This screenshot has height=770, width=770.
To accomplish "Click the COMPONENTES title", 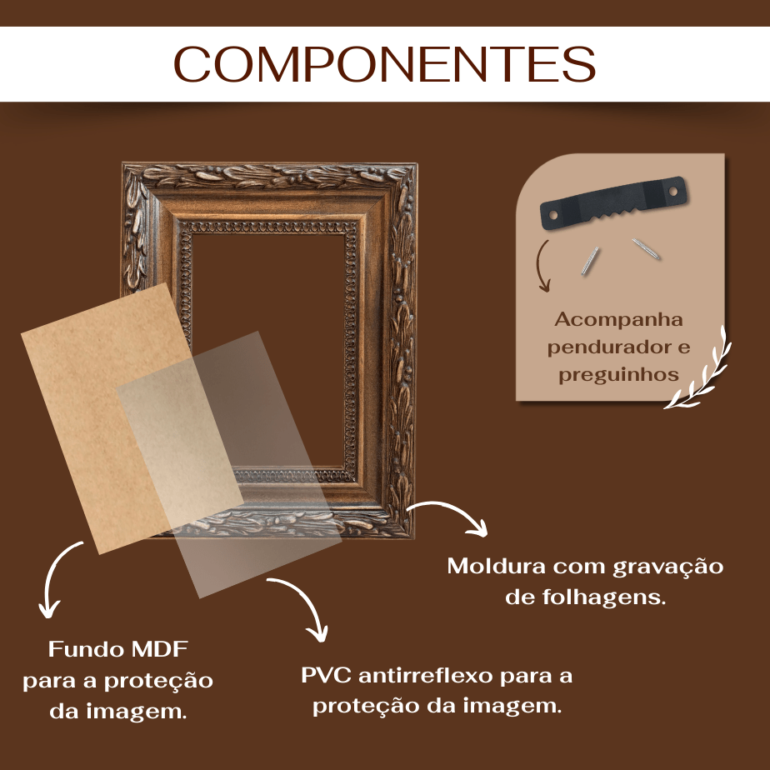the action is coord(384,64).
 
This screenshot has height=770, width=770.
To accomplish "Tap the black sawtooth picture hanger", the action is coord(613,202).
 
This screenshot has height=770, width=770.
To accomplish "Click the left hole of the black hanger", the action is coord(553,215).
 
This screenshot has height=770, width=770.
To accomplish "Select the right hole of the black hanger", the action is coord(673,190).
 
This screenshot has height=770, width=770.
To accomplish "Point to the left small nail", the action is coord(590,261).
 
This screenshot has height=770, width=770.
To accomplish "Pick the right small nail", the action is coord(646,248).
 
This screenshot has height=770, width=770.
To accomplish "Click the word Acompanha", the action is coord(618,320).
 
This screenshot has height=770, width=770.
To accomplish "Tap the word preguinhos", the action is coord(618,375).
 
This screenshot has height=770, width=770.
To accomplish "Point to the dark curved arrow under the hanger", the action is coord(542,266).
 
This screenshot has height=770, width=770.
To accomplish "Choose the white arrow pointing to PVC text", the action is coord(307,600).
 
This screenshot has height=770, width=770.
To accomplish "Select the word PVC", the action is coord(326,675).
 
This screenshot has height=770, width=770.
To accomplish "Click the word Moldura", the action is coord(497,566).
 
